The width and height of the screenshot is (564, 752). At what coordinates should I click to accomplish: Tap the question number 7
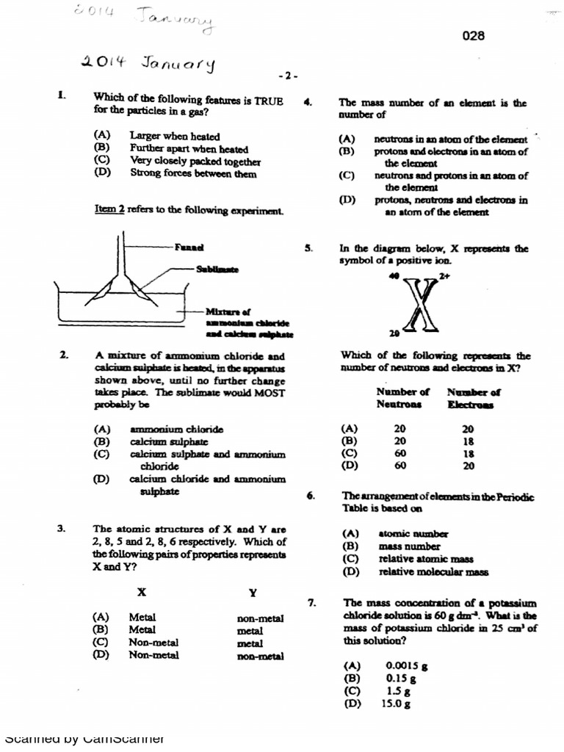pos(312,604)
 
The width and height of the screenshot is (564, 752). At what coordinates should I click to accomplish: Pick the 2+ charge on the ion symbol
pos(444,276)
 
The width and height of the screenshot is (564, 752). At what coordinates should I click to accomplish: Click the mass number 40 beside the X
pos(394,275)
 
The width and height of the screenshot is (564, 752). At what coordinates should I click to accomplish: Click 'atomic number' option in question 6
pos(413,534)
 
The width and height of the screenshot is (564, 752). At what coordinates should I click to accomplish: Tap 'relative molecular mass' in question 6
pos(433,572)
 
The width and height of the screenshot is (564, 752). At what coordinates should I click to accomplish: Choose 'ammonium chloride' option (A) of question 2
pos(176,429)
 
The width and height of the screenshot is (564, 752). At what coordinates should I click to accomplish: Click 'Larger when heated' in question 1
pos(175,136)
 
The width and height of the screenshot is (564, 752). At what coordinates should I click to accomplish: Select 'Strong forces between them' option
pos(193,174)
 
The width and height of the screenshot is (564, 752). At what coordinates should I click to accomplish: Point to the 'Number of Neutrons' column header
pos(402,398)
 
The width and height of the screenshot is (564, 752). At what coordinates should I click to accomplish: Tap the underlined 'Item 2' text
pos(110,209)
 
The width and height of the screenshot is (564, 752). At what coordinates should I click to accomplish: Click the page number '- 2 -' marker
pos(288,76)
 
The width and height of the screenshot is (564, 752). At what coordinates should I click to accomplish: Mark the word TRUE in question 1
pos(268,99)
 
